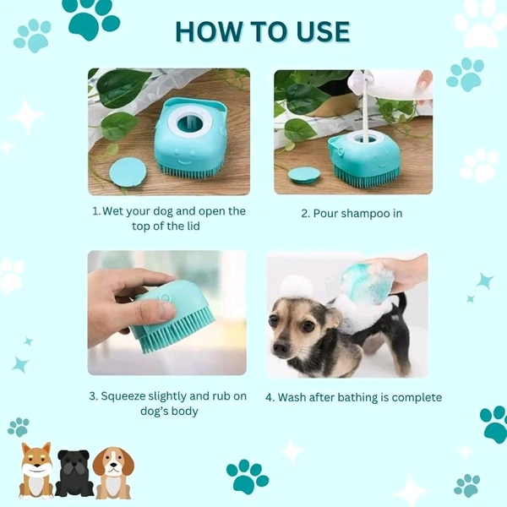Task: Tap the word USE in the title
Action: coord(318,31)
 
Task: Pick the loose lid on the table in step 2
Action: coord(304,175)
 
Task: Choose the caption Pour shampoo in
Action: coord(352,214)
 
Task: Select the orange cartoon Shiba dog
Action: coord(36,470)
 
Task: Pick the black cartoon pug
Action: coord(74,473)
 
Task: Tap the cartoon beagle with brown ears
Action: coord(113,472)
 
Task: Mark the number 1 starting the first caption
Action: coord(95,211)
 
